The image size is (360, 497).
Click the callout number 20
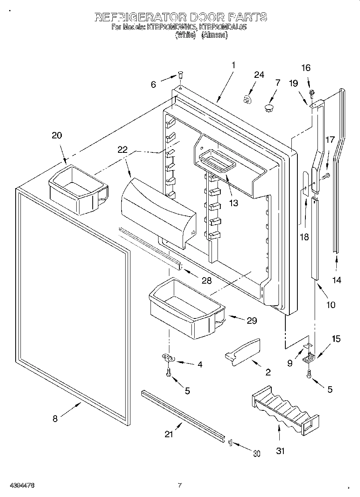pyautogui.click(x=57, y=135)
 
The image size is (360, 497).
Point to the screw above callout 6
pyautogui.click(x=181, y=75)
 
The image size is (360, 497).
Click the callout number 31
pyautogui.click(x=280, y=451)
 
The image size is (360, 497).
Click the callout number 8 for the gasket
pyautogui.click(x=55, y=419)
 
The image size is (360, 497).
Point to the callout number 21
pyautogui.click(x=169, y=434)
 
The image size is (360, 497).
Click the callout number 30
pyautogui.click(x=256, y=454)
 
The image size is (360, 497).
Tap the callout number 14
pyautogui.click(x=337, y=280)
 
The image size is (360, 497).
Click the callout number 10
pyautogui.click(x=330, y=304)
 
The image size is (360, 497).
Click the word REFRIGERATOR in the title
pyautogui.click(x=141, y=17)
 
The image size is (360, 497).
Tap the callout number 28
pyautogui.click(x=206, y=280)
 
